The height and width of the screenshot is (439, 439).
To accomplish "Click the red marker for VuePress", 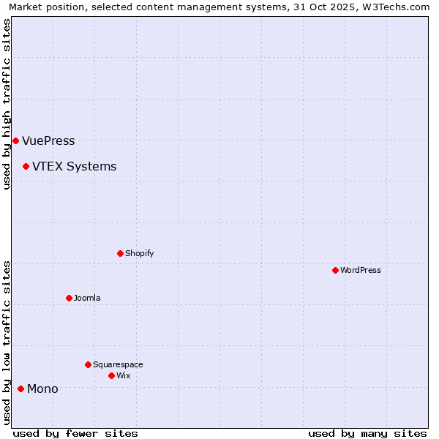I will click(x=15, y=140).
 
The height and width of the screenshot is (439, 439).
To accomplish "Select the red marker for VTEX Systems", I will click(x=26, y=166).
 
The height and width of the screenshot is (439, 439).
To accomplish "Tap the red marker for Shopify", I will click(x=120, y=253).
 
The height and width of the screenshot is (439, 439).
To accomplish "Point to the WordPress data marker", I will click(x=335, y=270).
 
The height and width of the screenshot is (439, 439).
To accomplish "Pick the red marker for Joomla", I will click(x=69, y=298).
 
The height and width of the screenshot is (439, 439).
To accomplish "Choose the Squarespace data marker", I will click(x=88, y=364).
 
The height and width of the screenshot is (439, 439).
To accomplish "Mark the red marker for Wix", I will click(x=111, y=375).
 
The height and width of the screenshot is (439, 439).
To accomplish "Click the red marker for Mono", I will click(x=20, y=389).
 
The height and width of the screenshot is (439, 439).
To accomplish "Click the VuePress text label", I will click(x=48, y=141).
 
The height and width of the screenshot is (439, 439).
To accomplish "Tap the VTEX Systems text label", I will click(x=74, y=167).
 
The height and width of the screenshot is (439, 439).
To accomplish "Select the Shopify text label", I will click(x=139, y=254).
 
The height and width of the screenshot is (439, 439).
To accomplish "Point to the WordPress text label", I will click(x=360, y=271).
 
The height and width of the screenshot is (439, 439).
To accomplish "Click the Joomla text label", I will click(x=87, y=299).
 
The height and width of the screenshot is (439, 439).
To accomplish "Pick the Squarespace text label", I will click(x=118, y=365).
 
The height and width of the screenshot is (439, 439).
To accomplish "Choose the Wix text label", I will click(x=123, y=376).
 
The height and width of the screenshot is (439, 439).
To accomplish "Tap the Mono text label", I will click(x=42, y=389).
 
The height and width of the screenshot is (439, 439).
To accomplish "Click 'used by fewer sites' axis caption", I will click(x=75, y=433).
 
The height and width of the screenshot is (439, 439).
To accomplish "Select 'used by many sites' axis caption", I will click(x=367, y=433).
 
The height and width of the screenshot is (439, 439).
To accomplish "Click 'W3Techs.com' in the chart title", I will click(x=398, y=7).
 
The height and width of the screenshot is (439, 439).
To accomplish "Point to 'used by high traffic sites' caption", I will click(x=7, y=104).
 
